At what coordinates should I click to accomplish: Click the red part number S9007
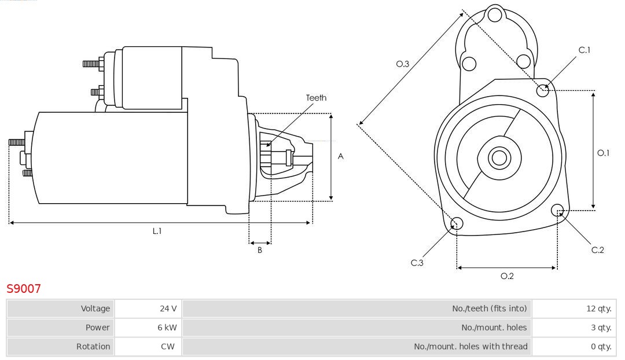point(24,289)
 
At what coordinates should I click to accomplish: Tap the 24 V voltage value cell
point(168,308)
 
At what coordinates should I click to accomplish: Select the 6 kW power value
point(167,328)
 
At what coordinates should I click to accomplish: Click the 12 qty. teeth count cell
point(598,308)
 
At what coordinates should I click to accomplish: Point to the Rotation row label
point(93,347)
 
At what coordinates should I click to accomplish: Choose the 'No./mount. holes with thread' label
point(470,347)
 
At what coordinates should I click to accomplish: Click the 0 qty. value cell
point(601,347)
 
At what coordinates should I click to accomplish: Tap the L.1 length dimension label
point(157,231)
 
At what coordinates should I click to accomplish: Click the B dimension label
point(260,251)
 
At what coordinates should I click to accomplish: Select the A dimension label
point(341,156)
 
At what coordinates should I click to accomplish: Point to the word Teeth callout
point(316,98)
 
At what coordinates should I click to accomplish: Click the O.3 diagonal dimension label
point(403,64)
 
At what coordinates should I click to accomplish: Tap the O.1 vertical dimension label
point(603,153)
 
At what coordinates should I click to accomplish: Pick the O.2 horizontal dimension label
point(507,276)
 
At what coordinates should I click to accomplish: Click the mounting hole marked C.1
point(543,90)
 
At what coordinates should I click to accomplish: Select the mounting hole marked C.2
point(557,210)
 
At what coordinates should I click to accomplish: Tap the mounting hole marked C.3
point(457,224)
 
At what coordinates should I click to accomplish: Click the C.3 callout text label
point(417,263)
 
